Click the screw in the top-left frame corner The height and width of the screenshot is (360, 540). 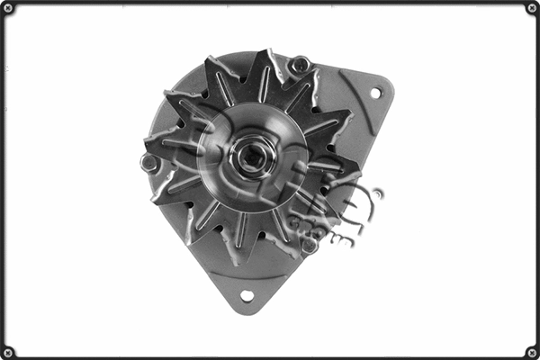click(9, 8)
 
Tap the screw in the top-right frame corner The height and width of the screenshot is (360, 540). click(531, 8)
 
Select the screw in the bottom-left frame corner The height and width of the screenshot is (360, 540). click(9, 352)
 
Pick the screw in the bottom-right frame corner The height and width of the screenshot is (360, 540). click(531, 352)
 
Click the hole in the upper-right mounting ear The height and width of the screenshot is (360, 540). click(375, 93)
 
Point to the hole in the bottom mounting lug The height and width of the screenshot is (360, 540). click(246, 295)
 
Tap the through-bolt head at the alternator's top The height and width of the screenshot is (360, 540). click(300, 65)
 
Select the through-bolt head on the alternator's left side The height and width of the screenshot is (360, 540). click(149, 164)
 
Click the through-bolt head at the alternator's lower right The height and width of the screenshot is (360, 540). click(309, 245)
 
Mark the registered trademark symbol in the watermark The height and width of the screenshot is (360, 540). click(377, 193)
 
